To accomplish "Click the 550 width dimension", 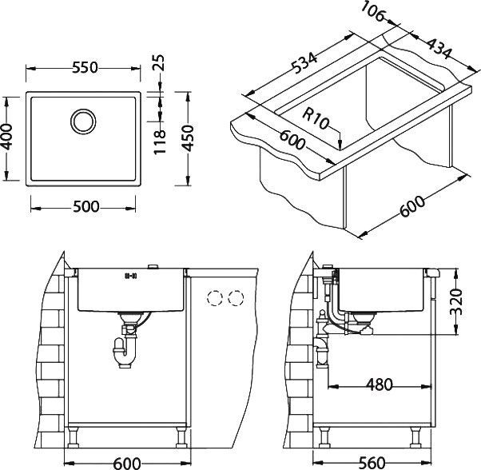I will [85, 69].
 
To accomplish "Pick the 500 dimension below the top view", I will [85, 207].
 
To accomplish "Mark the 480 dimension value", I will [380, 385].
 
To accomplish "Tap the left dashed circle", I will [214, 298].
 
